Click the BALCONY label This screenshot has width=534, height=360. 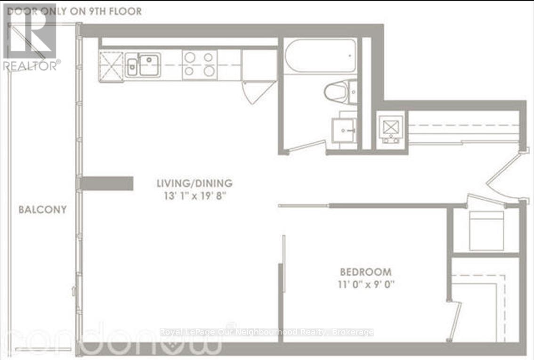tap(42, 210)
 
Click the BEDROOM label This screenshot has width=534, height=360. tap(366, 272)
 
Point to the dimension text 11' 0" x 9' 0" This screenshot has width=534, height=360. tap(366, 285)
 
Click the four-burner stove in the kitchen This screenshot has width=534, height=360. tap(200, 64)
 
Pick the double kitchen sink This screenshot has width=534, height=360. tap(143, 65)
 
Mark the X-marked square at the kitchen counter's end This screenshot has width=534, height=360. tap(111, 67)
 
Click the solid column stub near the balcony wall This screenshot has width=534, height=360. tap(106, 183)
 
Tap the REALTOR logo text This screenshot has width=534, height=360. tap(31, 65)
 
